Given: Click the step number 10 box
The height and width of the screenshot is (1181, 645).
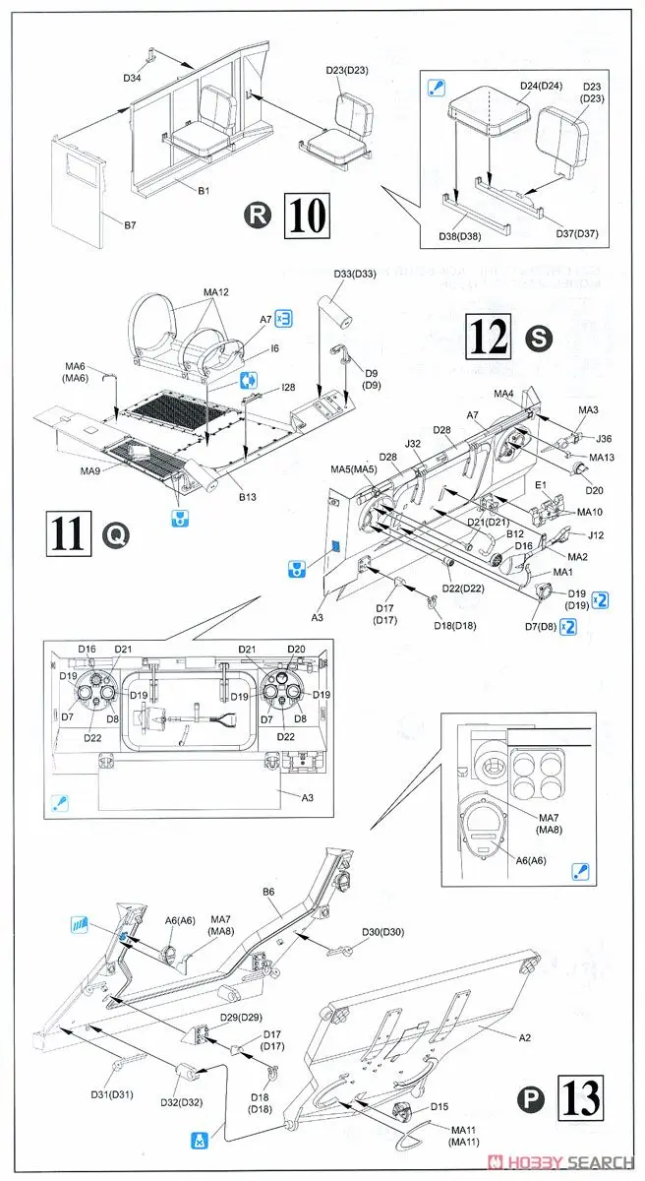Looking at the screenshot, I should (305, 216).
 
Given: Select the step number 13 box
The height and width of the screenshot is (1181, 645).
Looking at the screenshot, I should (580, 1099).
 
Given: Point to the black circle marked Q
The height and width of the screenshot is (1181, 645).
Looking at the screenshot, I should (115, 536).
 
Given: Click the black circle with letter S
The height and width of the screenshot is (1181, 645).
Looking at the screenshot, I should (540, 339).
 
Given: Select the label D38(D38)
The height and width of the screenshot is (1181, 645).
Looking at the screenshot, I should (461, 236).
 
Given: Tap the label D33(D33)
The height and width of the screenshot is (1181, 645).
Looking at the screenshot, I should (354, 274).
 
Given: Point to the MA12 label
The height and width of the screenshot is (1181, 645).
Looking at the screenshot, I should (215, 293).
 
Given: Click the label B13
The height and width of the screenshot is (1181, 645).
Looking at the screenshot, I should (246, 497).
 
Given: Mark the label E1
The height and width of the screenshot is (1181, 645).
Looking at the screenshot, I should (541, 485).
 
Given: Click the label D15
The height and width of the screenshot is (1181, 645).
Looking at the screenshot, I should (440, 1107).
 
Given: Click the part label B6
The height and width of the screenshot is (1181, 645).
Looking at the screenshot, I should (268, 892).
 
